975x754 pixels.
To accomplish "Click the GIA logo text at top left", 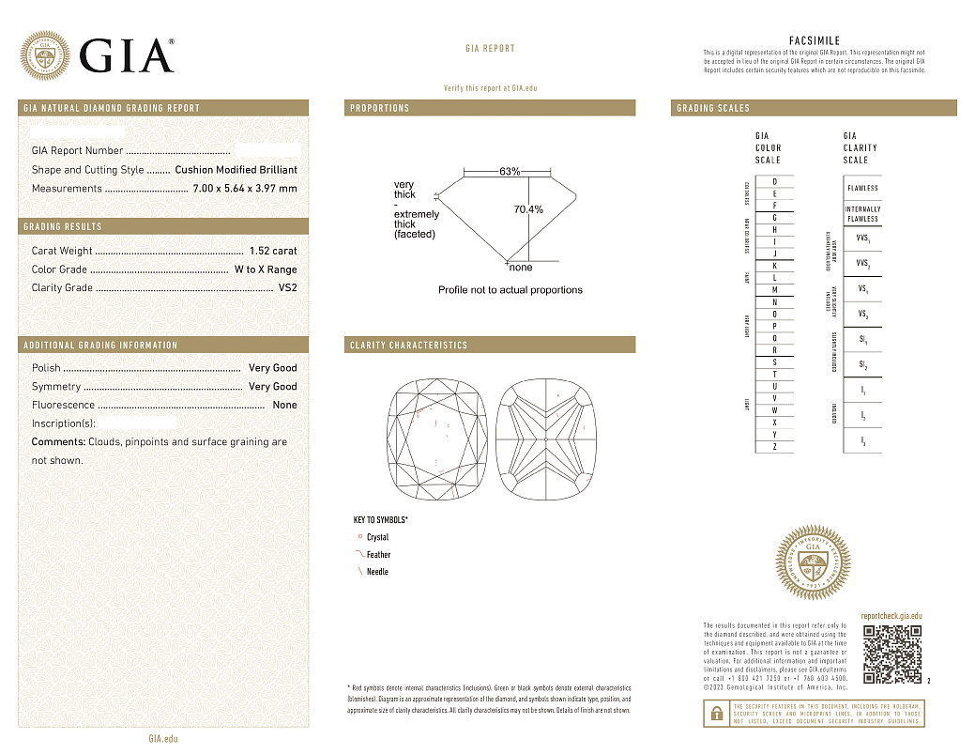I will coord(127,55).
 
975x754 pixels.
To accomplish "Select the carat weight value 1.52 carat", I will coord(273,251).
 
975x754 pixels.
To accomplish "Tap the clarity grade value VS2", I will coord(287,288).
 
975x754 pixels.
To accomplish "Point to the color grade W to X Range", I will coord(266,269).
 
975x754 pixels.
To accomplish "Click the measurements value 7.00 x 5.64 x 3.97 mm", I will coord(244,189).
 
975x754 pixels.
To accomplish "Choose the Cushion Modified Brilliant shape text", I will coord(236,170).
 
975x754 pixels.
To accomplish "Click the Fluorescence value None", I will coord(284,405).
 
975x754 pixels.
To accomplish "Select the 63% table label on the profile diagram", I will coord(510,172).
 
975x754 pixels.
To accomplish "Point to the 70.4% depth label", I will coord(528,209).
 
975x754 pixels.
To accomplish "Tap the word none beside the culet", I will coord(520,268).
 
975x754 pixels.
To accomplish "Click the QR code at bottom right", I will coord(891,654).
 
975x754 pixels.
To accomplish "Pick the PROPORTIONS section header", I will coord(380,108).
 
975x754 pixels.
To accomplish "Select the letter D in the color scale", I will coord(774,181).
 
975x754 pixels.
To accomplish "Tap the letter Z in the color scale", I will coord(774,447).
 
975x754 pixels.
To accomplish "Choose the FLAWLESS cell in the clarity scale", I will coord(862,188).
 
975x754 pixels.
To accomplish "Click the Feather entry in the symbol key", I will coord(378,555).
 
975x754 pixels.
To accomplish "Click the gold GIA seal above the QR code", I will coord(814,566).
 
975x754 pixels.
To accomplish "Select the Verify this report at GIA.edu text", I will coord(490,87).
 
